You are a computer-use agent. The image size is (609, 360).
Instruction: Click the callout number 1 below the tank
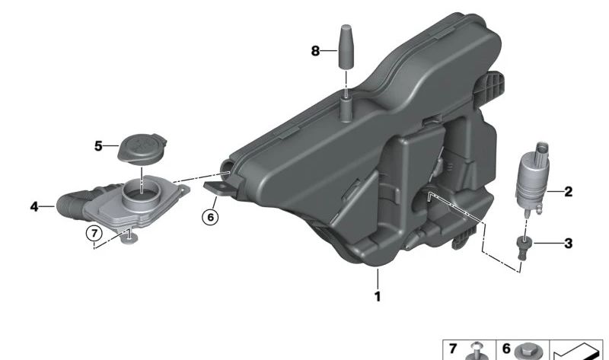click(377, 297)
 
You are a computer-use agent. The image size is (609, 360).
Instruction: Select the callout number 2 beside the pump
click(568, 192)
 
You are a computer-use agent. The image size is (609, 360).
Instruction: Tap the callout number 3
click(568, 244)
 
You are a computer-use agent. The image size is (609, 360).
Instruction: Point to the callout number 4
click(34, 206)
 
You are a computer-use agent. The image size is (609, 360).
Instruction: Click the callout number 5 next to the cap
click(98, 146)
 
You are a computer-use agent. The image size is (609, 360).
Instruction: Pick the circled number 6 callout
click(210, 217)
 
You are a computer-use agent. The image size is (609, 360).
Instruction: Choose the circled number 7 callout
click(94, 234)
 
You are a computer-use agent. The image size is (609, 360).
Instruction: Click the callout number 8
click(315, 51)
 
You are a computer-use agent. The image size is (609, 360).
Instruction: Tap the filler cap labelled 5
click(142, 149)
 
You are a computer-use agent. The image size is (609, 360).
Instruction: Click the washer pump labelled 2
click(531, 180)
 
